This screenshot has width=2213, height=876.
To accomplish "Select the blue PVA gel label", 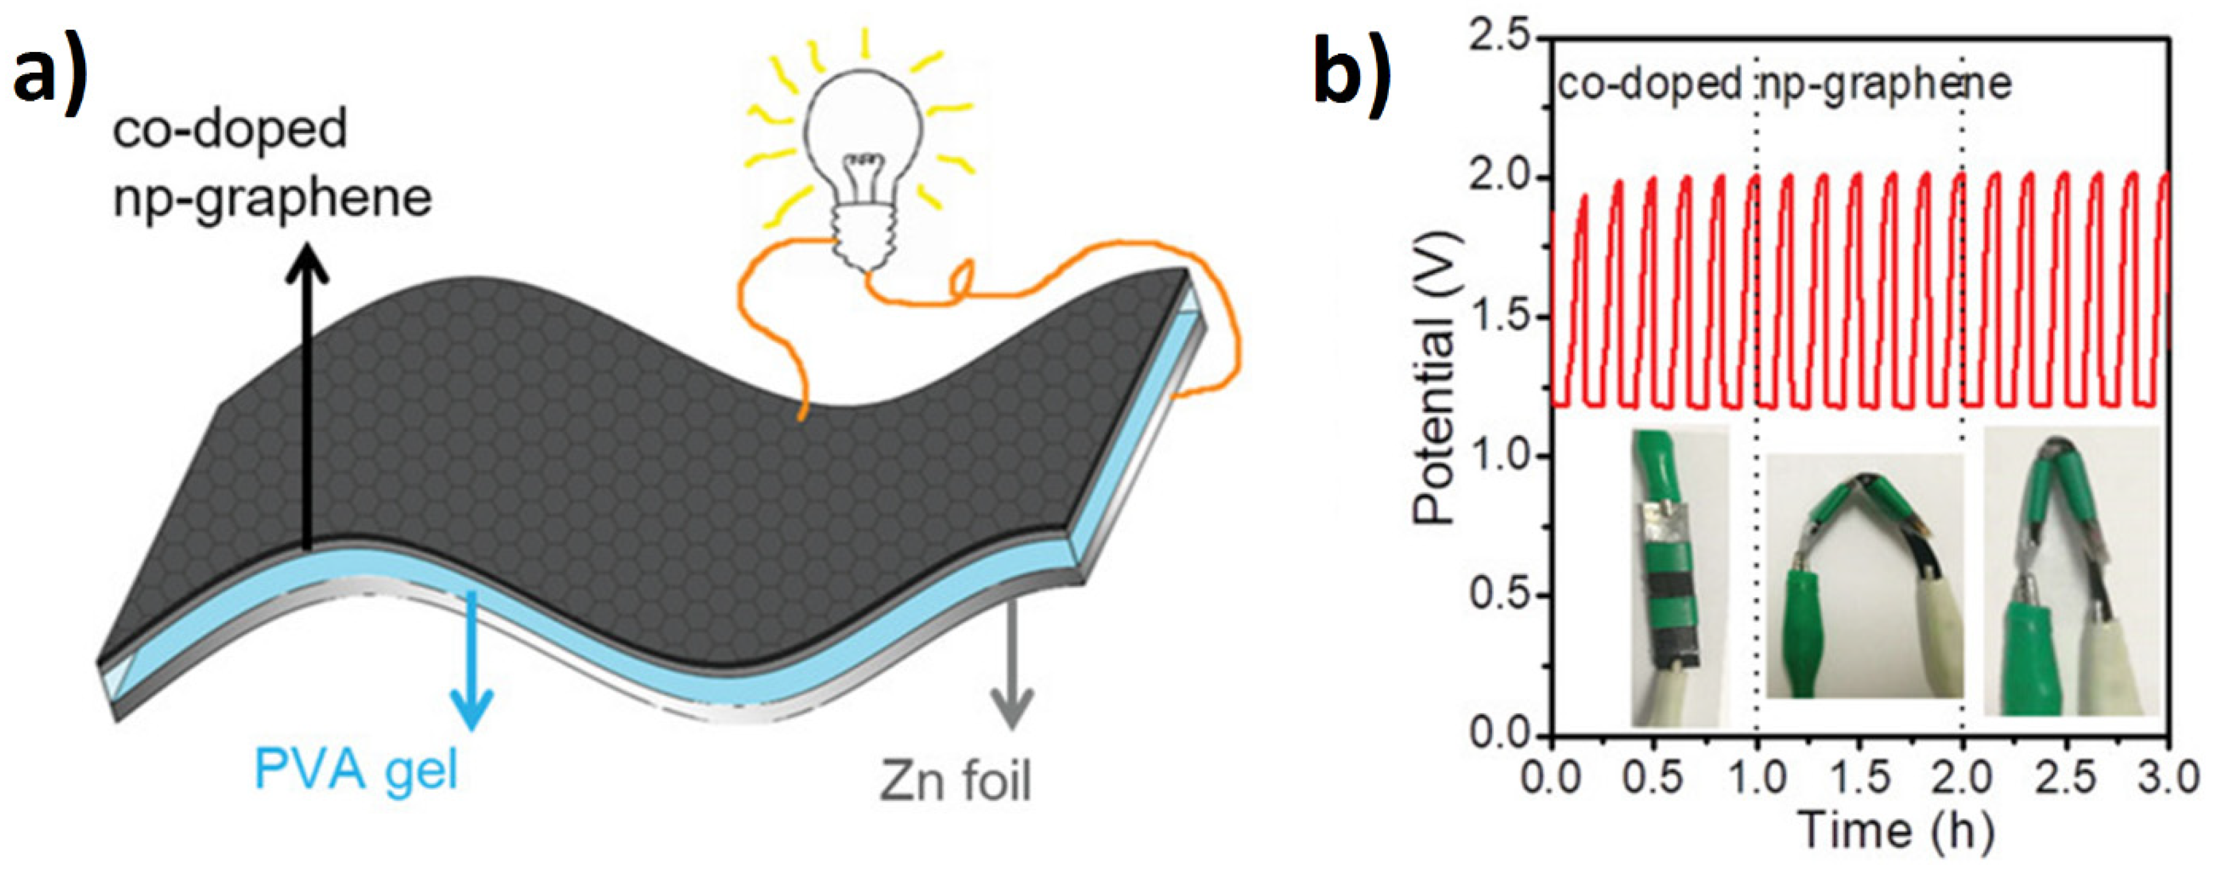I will [x=356, y=768].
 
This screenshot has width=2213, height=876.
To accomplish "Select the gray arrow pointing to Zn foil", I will [x=1011, y=662].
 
